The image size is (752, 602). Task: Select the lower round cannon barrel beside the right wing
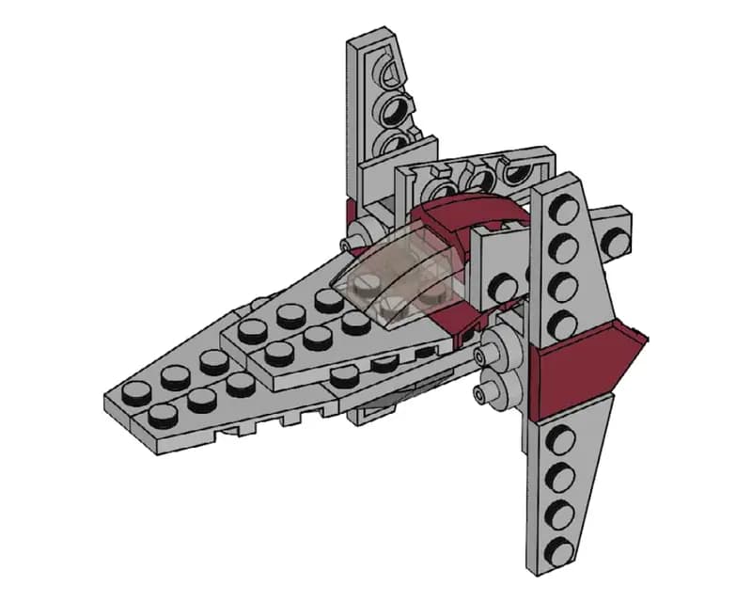click(x=489, y=387)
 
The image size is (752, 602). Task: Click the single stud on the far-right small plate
click(x=615, y=241)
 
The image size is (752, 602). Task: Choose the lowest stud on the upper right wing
click(x=564, y=325)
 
